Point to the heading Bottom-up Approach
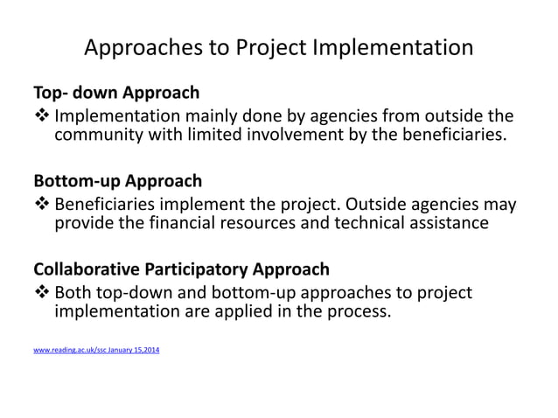pyautogui.click(x=117, y=181)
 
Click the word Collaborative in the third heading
pyautogui.click(x=86, y=269)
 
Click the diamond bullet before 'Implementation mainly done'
pyautogui.click(x=42, y=116)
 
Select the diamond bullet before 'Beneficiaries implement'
pyautogui.click(x=42, y=206)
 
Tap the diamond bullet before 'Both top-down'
pyautogui.click(x=42, y=292)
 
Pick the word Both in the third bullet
pyautogui.click(x=74, y=292)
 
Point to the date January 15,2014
pyautogui.click(x=129, y=351)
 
